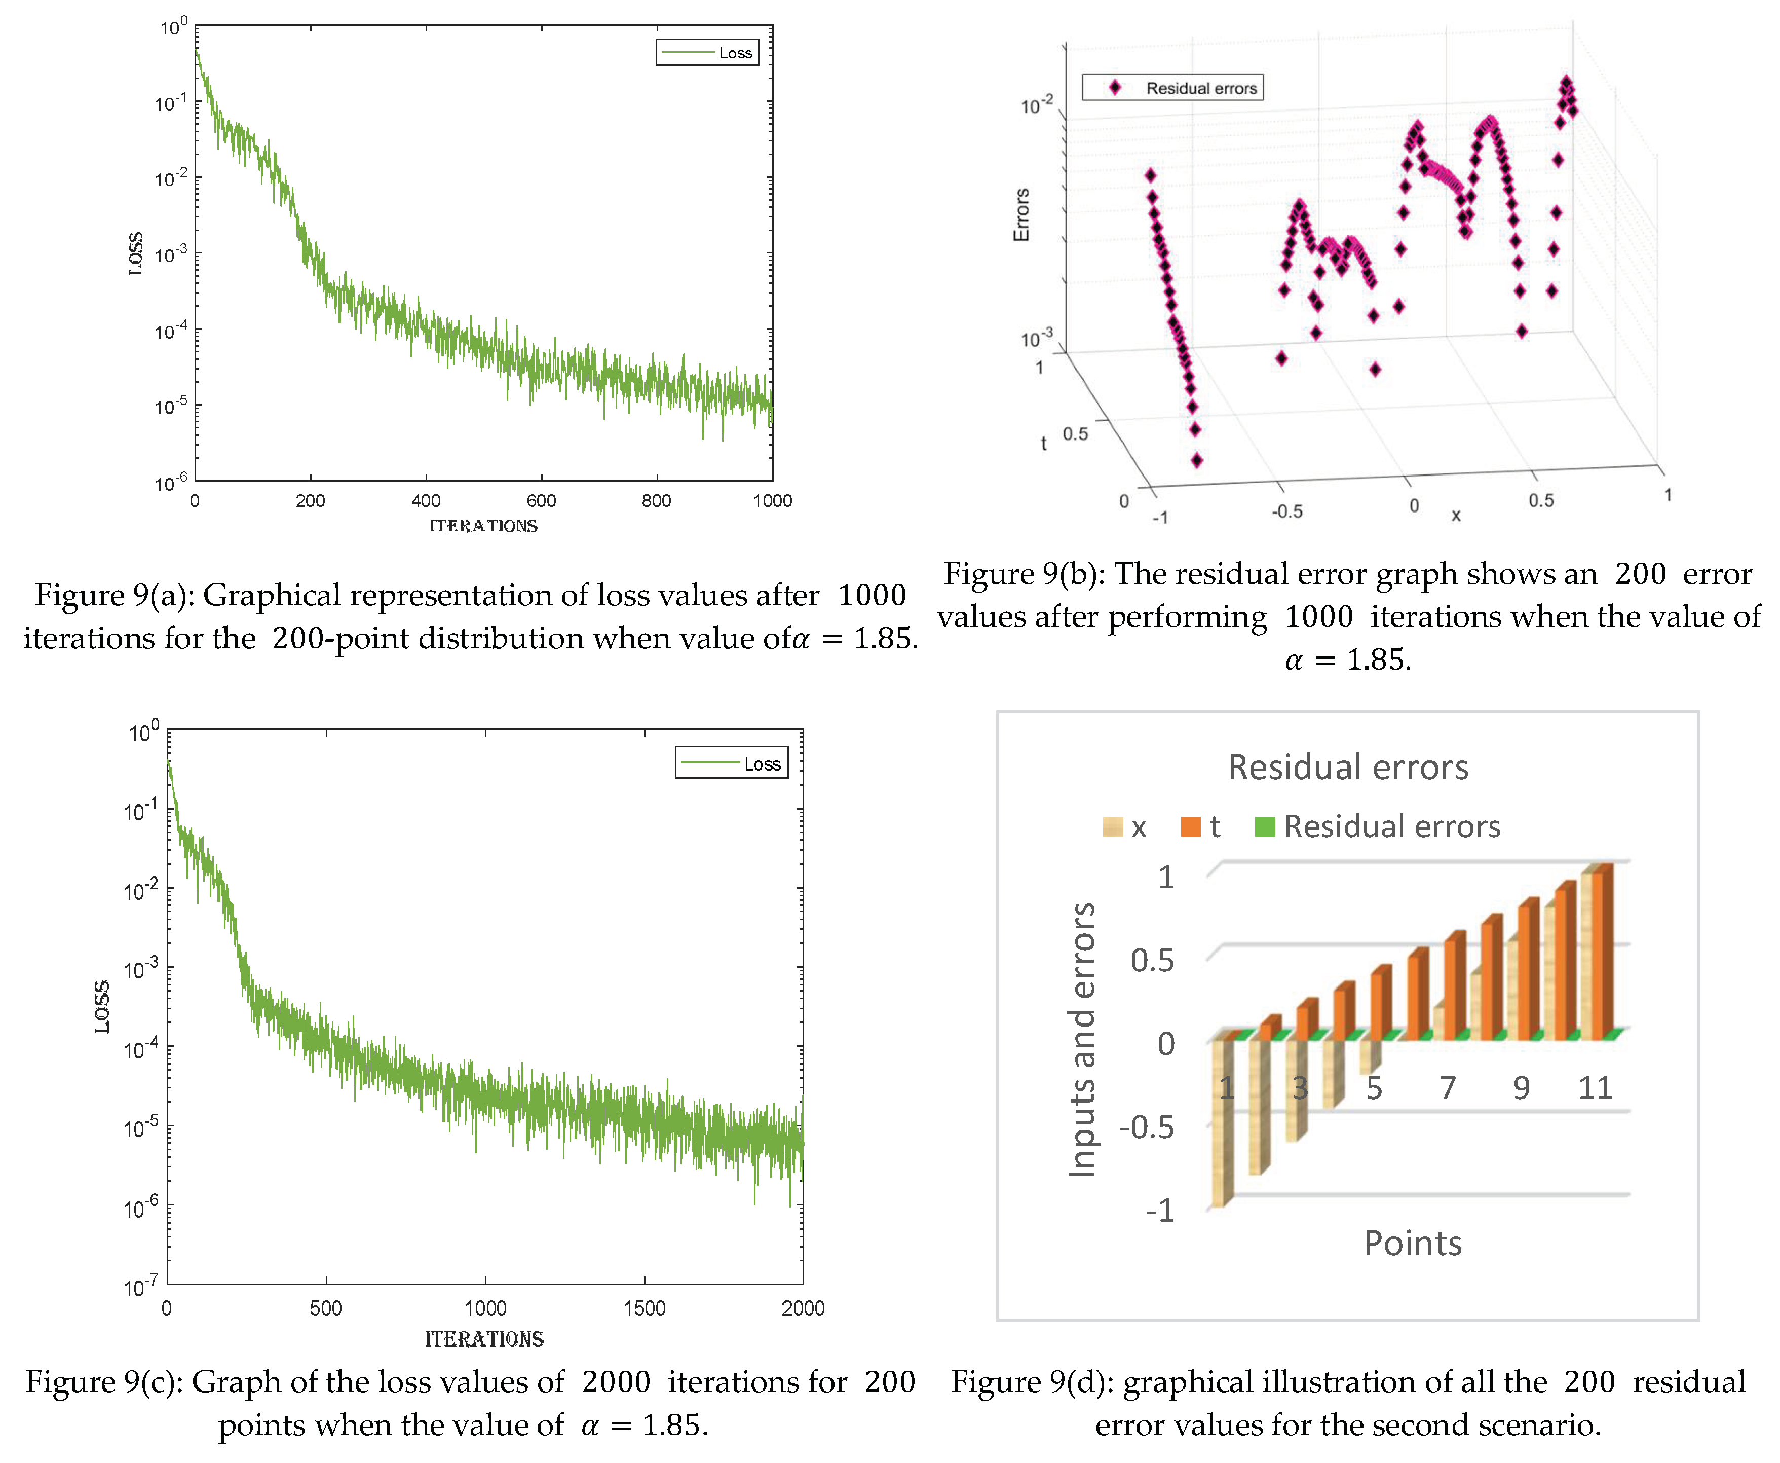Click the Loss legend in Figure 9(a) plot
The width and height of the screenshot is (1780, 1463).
pos(708,52)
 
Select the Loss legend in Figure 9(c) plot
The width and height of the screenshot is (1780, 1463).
pos(731,763)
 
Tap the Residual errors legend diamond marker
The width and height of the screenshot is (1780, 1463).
pos(1115,88)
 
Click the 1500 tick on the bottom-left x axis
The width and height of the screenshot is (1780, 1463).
pos(645,1308)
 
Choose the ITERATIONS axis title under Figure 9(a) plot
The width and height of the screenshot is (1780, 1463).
pos(483,526)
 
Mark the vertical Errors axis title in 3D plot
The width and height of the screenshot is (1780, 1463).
pos(1021,215)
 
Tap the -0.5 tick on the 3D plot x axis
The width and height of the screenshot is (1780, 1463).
pos(1287,510)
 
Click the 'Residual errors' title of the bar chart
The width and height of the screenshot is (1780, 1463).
pos(1348,767)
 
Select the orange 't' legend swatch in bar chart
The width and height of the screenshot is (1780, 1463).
pos(1190,827)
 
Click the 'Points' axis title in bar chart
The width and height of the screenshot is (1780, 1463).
pos(1413,1243)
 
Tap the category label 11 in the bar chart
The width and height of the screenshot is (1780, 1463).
pos(1595,1088)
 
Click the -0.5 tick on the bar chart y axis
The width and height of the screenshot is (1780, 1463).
pos(1147,1127)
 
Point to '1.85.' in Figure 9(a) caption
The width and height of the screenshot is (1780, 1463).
pos(885,638)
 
